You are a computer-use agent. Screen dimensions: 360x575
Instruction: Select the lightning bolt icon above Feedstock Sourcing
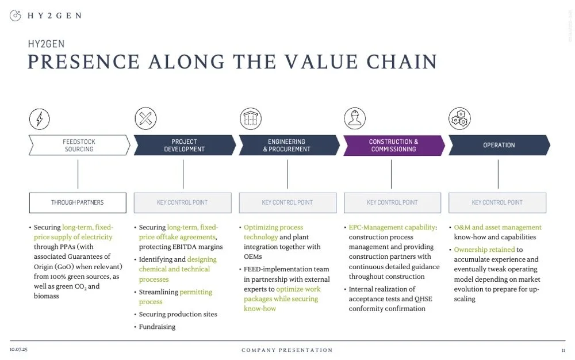tap(39, 119)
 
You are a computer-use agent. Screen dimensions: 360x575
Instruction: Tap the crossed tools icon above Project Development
tap(145, 119)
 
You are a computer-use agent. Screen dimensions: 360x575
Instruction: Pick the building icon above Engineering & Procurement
tap(250, 119)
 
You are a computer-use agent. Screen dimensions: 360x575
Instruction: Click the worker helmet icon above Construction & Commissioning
tap(355, 119)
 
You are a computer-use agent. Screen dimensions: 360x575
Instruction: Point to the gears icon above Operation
tap(459, 119)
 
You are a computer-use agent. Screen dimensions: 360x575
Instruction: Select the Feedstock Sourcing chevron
tap(79, 145)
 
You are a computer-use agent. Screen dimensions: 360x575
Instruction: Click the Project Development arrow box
tap(184, 145)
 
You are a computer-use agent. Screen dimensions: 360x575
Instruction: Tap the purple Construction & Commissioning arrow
tap(393, 145)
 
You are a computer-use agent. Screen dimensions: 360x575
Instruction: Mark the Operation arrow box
tap(499, 145)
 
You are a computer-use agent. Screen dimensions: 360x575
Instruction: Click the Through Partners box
tap(78, 202)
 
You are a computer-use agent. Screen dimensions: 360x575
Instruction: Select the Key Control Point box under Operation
tap(497, 202)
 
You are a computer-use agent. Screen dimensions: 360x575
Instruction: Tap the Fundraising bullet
tap(157, 327)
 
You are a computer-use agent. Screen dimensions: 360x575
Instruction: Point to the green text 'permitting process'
tap(176, 297)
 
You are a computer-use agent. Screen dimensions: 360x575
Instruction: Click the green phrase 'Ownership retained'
tap(484, 250)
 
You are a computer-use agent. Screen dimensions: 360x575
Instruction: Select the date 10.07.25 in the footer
tap(18, 350)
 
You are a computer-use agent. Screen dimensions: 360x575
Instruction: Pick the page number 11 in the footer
tap(563, 350)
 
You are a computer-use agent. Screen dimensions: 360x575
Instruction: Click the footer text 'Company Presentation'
tap(287, 350)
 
